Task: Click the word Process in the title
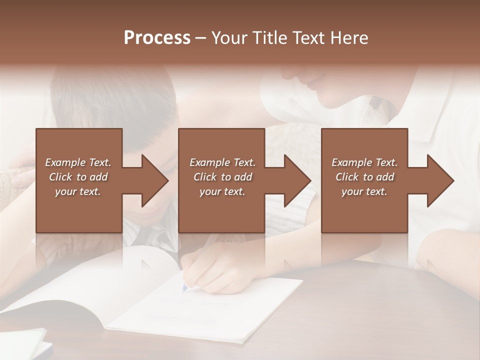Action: [x=157, y=38]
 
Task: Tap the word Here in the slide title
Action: [x=349, y=38]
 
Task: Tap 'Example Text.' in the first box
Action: [x=78, y=162]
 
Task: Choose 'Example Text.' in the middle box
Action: [x=222, y=162]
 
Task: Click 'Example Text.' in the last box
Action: [x=364, y=162]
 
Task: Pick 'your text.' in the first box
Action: [x=78, y=191]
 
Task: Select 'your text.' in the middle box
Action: [x=222, y=191]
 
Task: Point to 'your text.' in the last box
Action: [x=364, y=191]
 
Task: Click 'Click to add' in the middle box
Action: [x=222, y=177]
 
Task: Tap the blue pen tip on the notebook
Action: [x=184, y=288]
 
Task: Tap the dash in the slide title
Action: [x=201, y=38]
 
